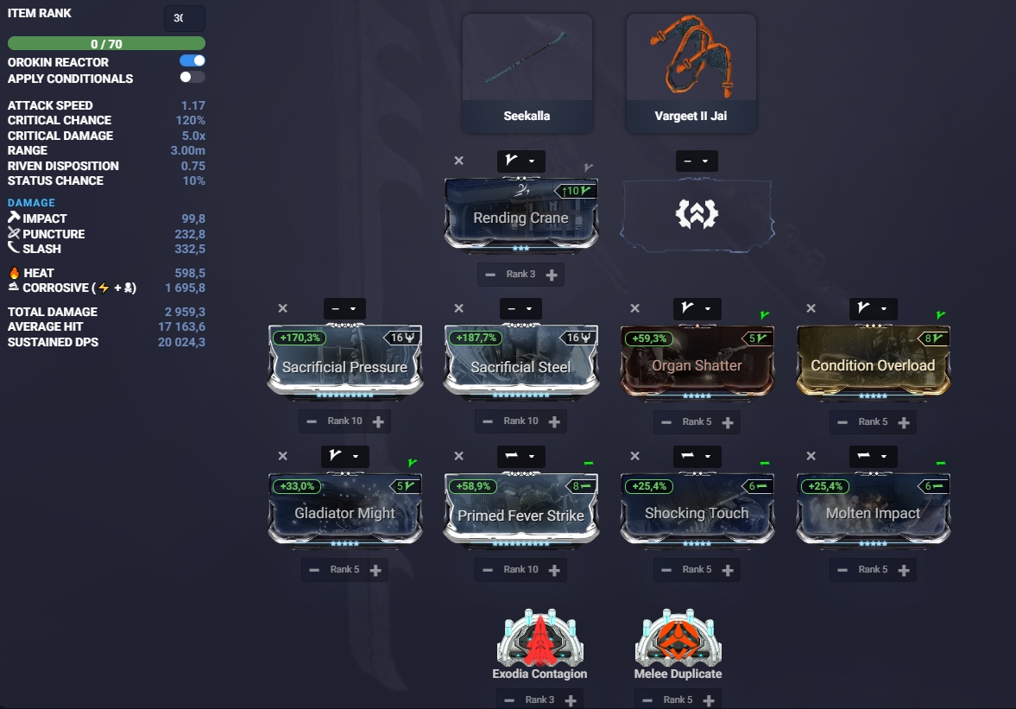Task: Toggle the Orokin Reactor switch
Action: pos(192,61)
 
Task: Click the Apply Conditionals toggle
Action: pos(192,77)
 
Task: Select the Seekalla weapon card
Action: pos(527,73)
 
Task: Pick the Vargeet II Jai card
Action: pos(691,73)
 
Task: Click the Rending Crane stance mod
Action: pos(521,214)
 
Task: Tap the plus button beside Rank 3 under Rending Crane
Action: pos(552,275)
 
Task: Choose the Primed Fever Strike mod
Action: pos(521,510)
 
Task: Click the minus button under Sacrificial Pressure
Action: pos(312,421)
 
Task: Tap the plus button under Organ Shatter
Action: pos(728,422)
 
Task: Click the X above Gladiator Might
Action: pos(282,456)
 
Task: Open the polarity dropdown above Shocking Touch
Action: pos(697,456)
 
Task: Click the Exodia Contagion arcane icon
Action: pos(540,638)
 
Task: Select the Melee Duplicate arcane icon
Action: pos(678,638)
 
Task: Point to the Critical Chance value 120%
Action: pos(191,121)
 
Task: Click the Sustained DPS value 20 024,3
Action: pos(181,342)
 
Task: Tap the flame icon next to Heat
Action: pos(15,273)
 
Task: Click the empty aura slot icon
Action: pos(697,214)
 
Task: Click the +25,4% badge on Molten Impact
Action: pos(825,486)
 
